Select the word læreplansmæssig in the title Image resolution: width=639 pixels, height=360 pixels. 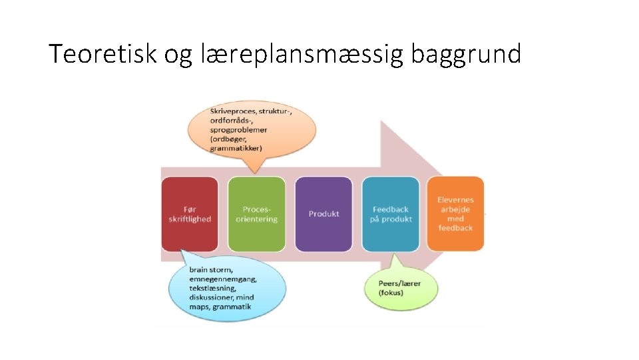(301, 54)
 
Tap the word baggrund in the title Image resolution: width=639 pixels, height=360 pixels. (465, 54)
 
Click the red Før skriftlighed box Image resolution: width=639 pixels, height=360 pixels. (189, 214)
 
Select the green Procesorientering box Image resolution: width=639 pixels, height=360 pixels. (256, 214)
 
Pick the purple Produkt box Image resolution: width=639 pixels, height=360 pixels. (323, 214)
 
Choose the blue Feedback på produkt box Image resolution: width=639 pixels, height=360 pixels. (391, 214)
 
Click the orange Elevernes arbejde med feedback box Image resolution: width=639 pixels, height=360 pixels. (455, 214)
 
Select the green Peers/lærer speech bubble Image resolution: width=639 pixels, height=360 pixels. (399, 287)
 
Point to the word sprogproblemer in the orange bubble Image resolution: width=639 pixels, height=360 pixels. (238, 130)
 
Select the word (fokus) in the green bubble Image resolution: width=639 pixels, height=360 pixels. (391, 293)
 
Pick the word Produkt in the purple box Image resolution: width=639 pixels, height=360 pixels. (323, 214)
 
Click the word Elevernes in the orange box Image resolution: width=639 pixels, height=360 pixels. (455, 199)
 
